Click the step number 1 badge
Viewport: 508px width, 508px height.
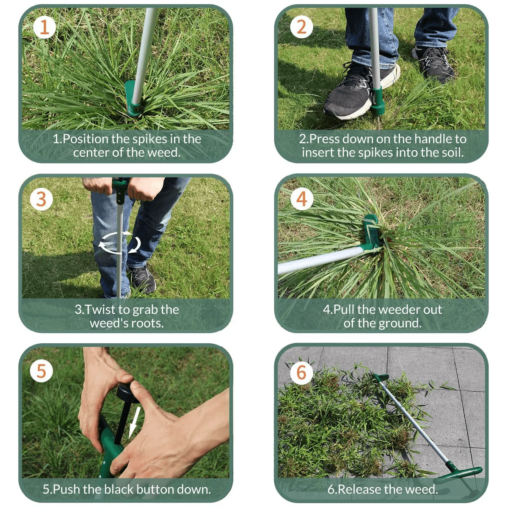(x=44, y=28)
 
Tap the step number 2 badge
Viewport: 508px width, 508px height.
(x=301, y=27)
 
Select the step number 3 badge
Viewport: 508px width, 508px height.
(x=41, y=199)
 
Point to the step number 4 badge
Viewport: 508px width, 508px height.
(x=302, y=199)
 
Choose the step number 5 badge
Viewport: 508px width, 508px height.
(x=41, y=371)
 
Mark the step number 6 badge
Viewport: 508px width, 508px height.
(x=301, y=373)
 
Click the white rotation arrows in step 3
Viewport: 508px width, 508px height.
(x=120, y=243)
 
